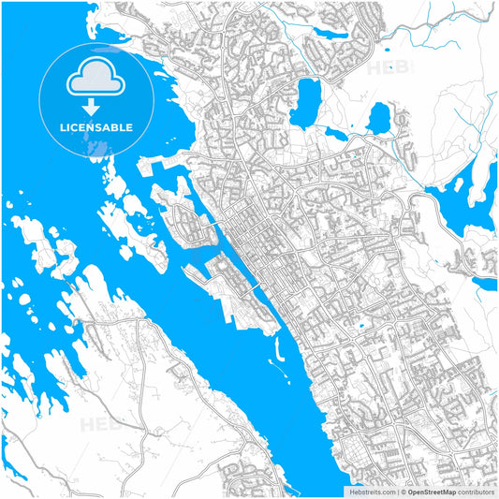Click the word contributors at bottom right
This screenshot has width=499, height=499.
click(x=477, y=491)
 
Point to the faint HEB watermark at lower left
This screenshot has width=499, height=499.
click(x=98, y=423)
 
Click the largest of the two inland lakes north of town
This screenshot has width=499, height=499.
click(x=305, y=103)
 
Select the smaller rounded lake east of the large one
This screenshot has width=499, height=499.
click(x=378, y=118)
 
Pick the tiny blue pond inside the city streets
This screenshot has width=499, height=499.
click(x=360, y=326)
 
